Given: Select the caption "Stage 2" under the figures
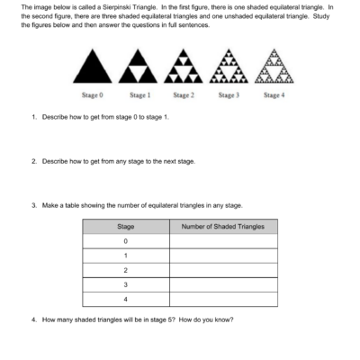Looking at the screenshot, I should click(183, 94).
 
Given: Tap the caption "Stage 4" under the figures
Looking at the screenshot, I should click(274, 94).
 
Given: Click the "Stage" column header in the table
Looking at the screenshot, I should click(125, 227).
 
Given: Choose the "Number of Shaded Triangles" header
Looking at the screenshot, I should click(222, 227).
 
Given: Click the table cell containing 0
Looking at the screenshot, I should click(125, 241).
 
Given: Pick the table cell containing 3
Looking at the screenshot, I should click(125, 284).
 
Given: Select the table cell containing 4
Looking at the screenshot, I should click(125, 299).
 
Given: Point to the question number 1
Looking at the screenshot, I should click(32, 118).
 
